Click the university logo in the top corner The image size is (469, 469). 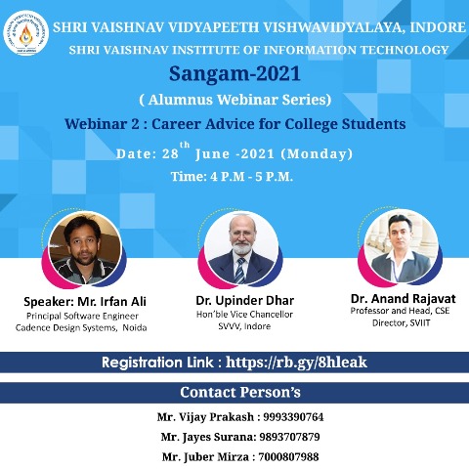(26, 33)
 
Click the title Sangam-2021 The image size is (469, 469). (234, 73)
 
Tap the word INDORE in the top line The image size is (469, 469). (438, 27)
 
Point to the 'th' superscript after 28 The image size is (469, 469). (185, 145)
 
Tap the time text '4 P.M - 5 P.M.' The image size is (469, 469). (251, 177)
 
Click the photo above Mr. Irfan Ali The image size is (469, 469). (85, 249)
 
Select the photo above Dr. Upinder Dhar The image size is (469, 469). (241, 249)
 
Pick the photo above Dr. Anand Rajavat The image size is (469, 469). (401, 246)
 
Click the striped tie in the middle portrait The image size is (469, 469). (240, 271)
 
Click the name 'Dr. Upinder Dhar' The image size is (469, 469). (245, 301)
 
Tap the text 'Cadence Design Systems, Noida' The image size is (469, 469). (81, 327)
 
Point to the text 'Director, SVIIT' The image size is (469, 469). (402, 323)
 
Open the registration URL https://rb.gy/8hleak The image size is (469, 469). (296, 362)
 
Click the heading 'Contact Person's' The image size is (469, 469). (240, 393)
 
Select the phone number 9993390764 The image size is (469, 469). (293, 417)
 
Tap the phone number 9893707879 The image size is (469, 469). (289, 437)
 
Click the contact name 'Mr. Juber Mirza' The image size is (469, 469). (205, 457)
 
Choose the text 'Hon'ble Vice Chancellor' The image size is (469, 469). (244, 315)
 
